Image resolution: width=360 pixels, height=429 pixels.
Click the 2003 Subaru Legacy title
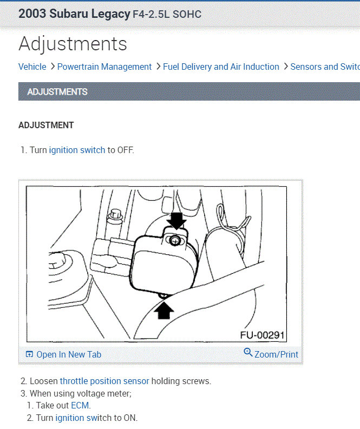(x=74, y=14)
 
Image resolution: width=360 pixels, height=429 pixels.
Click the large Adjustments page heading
(x=73, y=44)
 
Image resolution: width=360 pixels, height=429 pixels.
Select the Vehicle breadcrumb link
(x=32, y=67)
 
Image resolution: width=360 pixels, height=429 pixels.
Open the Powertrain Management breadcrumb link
(x=104, y=67)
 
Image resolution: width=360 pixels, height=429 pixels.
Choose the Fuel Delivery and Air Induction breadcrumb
(x=221, y=67)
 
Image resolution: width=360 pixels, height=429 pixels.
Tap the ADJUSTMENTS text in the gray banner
(x=57, y=92)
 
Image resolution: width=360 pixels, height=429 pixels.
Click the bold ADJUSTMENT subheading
(x=46, y=125)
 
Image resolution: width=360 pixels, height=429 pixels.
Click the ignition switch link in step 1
(x=77, y=150)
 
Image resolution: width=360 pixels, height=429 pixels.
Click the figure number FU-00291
(x=262, y=335)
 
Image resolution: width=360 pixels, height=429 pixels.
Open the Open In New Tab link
(x=68, y=354)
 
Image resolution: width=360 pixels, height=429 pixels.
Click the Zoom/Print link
(x=276, y=354)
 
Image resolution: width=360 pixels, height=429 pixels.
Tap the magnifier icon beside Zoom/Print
(x=248, y=353)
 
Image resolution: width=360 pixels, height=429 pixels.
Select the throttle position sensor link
(x=104, y=381)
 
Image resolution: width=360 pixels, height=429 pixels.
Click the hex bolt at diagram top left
(x=114, y=215)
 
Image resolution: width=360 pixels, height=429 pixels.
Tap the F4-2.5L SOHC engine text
(x=167, y=15)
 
